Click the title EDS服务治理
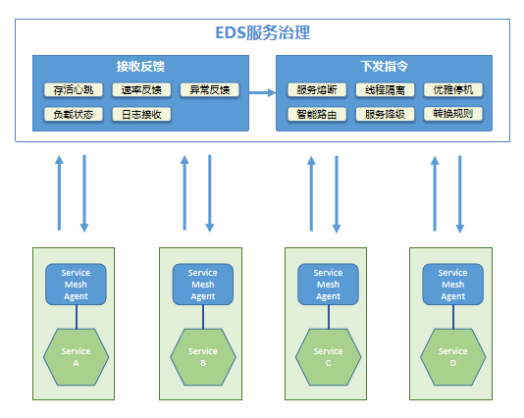(x=263, y=32)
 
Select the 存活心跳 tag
(x=74, y=89)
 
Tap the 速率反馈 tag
(x=141, y=89)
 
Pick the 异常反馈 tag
(x=210, y=89)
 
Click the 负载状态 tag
(x=74, y=114)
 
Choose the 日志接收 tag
(x=141, y=114)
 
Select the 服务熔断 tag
(x=317, y=89)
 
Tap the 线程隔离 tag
(x=385, y=89)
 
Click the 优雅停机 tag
(x=453, y=89)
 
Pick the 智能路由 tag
(x=317, y=114)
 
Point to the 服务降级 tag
(x=385, y=114)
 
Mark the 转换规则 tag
(x=453, y=114)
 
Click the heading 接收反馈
(x=140, y=66)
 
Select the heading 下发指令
(x=385, y=66)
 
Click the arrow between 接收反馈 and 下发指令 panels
(x=262, y=92)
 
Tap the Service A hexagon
(x=76, y=357)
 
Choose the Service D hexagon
(x=453, y=357)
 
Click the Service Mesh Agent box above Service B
(x=203, y=285)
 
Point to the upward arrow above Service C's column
(x=311, y=193)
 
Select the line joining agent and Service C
(x=329, y=317)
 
